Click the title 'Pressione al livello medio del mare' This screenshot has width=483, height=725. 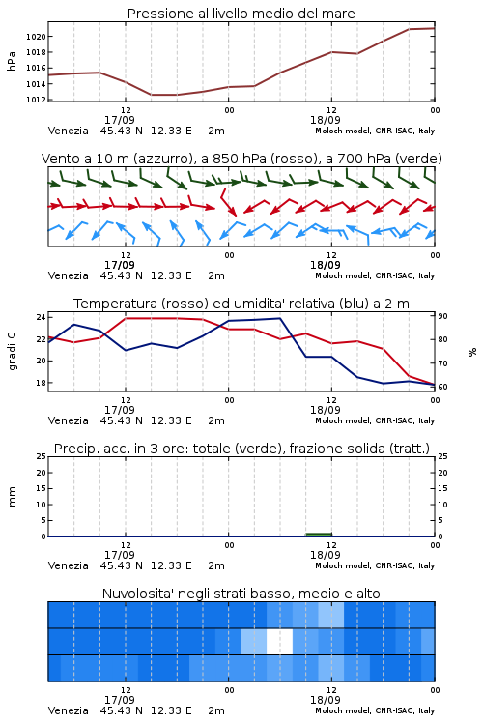(241, 14)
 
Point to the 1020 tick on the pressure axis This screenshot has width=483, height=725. (36, 37)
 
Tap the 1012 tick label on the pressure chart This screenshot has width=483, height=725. (36, 100)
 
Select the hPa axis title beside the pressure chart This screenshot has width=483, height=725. (12, 61)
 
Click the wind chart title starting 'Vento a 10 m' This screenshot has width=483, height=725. (241, 159)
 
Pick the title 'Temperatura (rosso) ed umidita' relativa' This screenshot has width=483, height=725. (241, 304)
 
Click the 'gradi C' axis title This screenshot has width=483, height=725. (12, 352)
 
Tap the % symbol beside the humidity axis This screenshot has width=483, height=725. (472, 352)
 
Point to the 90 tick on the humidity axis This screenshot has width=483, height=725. (442, 316)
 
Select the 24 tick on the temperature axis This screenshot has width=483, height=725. (41, 317)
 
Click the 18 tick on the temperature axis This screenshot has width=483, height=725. (41, 383)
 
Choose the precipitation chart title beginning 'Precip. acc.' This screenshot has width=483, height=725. (241, 449)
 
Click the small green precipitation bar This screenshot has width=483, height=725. (319, 535)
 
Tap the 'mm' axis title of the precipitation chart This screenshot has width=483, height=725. (12, 497)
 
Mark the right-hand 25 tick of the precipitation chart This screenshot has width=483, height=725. (442, 456)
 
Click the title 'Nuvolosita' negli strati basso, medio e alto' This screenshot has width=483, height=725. (241, 594)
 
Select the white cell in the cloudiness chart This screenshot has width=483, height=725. (279, 641)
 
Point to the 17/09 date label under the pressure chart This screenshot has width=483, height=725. (119, 120)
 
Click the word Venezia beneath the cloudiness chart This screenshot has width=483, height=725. (68, 710)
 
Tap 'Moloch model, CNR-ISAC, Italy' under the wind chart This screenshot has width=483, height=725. (375, 275)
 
